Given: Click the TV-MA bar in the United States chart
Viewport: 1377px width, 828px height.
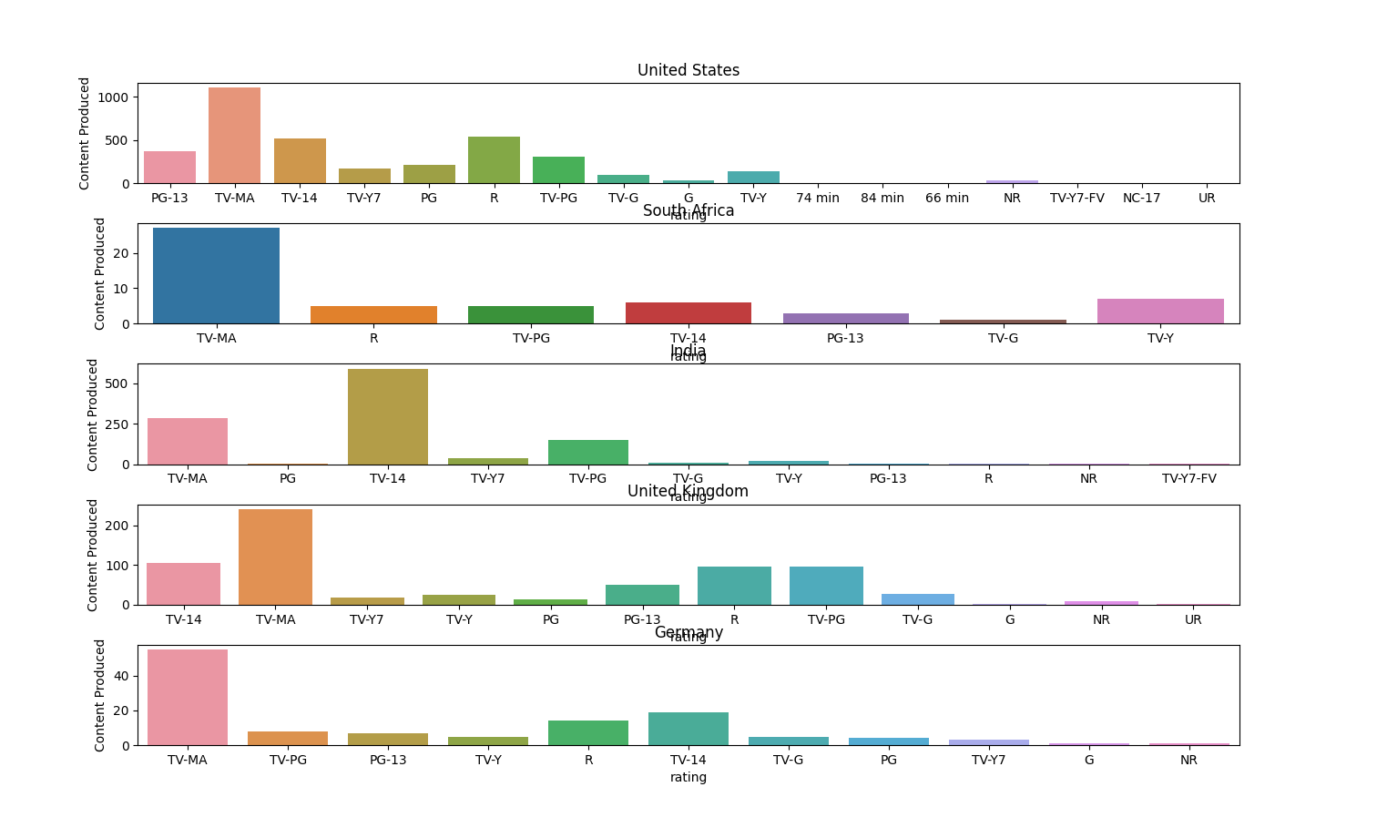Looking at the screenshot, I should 234,136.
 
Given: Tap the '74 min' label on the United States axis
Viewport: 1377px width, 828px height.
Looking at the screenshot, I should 817,198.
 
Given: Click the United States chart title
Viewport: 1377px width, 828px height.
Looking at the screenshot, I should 688,70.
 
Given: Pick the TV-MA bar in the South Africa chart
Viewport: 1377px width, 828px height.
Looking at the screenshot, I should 216,275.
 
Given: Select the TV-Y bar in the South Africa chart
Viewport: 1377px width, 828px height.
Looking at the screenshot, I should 1159,312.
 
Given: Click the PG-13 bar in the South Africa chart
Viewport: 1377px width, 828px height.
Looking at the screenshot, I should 845,318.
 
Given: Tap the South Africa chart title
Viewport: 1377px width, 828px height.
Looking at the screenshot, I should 688,210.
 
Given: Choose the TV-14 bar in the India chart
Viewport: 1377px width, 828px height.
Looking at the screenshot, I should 387,416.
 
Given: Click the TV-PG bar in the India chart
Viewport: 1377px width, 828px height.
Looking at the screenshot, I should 587,453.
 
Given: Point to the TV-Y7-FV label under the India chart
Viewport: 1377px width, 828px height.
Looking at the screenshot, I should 1188,478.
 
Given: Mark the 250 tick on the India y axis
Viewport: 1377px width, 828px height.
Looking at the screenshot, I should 116,424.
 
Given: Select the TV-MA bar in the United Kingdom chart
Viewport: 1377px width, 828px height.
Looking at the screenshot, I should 275,557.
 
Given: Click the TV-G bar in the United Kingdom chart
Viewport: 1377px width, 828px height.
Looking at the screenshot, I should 917,599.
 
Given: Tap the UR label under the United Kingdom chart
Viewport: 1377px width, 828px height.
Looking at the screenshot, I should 1192,619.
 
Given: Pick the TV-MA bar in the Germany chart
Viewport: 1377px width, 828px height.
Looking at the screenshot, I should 187,697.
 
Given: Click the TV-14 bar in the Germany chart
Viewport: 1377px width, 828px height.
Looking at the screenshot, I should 688,729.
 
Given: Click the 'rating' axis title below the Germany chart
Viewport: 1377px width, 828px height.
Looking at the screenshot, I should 688,777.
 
